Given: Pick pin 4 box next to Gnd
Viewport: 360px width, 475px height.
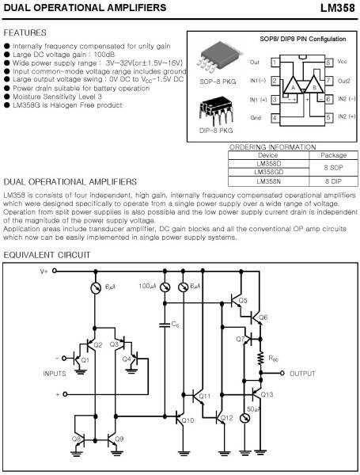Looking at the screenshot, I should point(275,117).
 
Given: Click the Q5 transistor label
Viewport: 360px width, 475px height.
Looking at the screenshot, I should point(243,301).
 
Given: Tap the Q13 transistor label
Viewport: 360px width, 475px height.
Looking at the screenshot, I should point(267,394).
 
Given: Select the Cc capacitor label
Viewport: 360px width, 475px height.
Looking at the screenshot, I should point(174,325).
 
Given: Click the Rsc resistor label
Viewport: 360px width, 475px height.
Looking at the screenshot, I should point(274,357).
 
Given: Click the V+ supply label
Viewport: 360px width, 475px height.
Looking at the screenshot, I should point(44,271).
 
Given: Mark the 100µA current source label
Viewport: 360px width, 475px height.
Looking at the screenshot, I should point(148,286).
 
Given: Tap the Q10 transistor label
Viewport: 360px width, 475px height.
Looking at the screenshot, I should point(187,420).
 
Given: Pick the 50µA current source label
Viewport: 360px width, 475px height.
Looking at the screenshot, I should point(253,409).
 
